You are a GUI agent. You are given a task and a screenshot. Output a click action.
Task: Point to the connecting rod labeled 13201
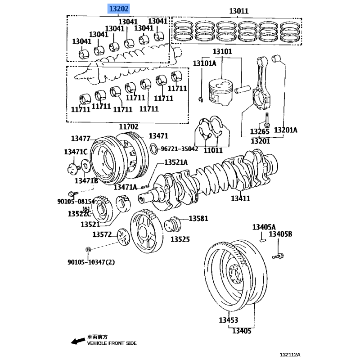click(262, 88)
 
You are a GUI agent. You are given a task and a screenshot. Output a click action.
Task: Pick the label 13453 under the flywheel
click(229, 320)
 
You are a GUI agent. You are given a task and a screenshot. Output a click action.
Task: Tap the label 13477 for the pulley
click(81, 139)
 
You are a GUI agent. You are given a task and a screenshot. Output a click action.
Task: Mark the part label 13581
click(198, 219)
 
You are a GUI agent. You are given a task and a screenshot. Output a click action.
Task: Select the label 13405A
click(264, 227)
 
